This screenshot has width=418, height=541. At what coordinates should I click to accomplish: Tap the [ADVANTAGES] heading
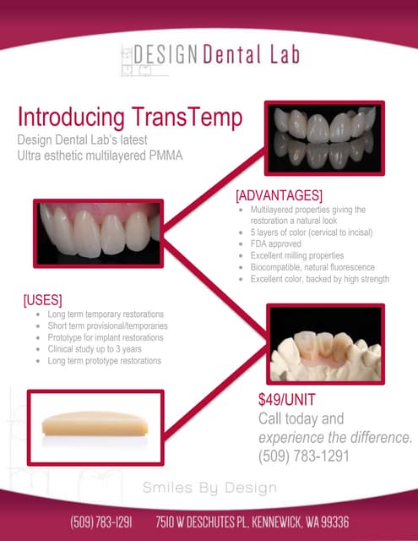(x=279, y=195)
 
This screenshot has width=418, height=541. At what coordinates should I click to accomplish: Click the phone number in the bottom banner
(x=100, y=522)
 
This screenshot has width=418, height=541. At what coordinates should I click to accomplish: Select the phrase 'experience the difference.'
(x=335, y=437)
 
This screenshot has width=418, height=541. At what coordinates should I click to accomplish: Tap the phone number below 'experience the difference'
(x=303, y=456)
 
